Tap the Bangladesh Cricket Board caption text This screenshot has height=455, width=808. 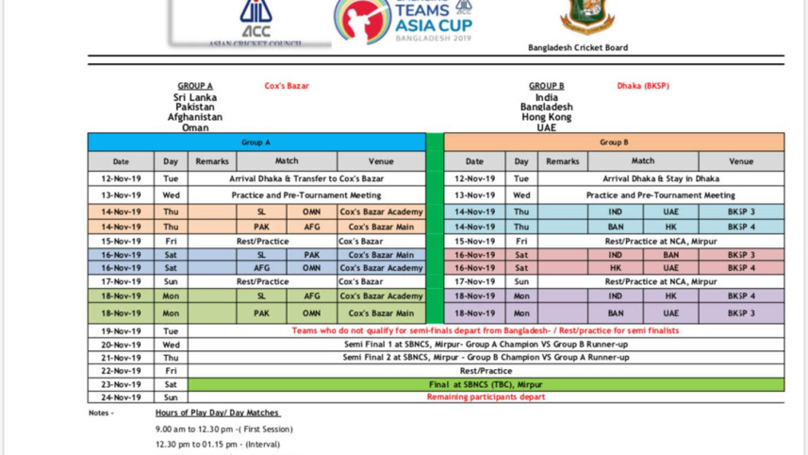[x=578, y=48]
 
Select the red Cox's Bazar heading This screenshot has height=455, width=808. [x=287, y=86]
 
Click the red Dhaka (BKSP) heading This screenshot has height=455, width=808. [x=643, y=86]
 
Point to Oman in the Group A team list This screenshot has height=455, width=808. [x=195, y=127]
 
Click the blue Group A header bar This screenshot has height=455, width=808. [x=256, y=143]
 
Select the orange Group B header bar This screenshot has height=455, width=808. [x=613, y=143]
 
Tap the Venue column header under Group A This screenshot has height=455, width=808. [x=381, y=161]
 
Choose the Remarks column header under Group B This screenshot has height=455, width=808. [x=562, y=161]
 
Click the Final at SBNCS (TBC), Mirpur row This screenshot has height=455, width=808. [x=486, y=384]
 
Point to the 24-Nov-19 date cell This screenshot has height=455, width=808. [x=121, y=397]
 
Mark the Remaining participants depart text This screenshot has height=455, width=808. [x=486, y=397]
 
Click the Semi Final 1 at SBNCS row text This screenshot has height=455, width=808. [x=486, y=345]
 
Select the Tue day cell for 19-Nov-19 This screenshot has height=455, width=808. [x=171, y=331]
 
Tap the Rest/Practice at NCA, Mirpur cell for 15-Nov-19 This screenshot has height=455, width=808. [x=661, y=241]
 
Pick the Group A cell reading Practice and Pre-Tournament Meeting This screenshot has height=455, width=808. [x=306, y=195]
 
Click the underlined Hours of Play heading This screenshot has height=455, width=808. [x=218, y=413]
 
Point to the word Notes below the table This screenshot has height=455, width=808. [x=100, y=413]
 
